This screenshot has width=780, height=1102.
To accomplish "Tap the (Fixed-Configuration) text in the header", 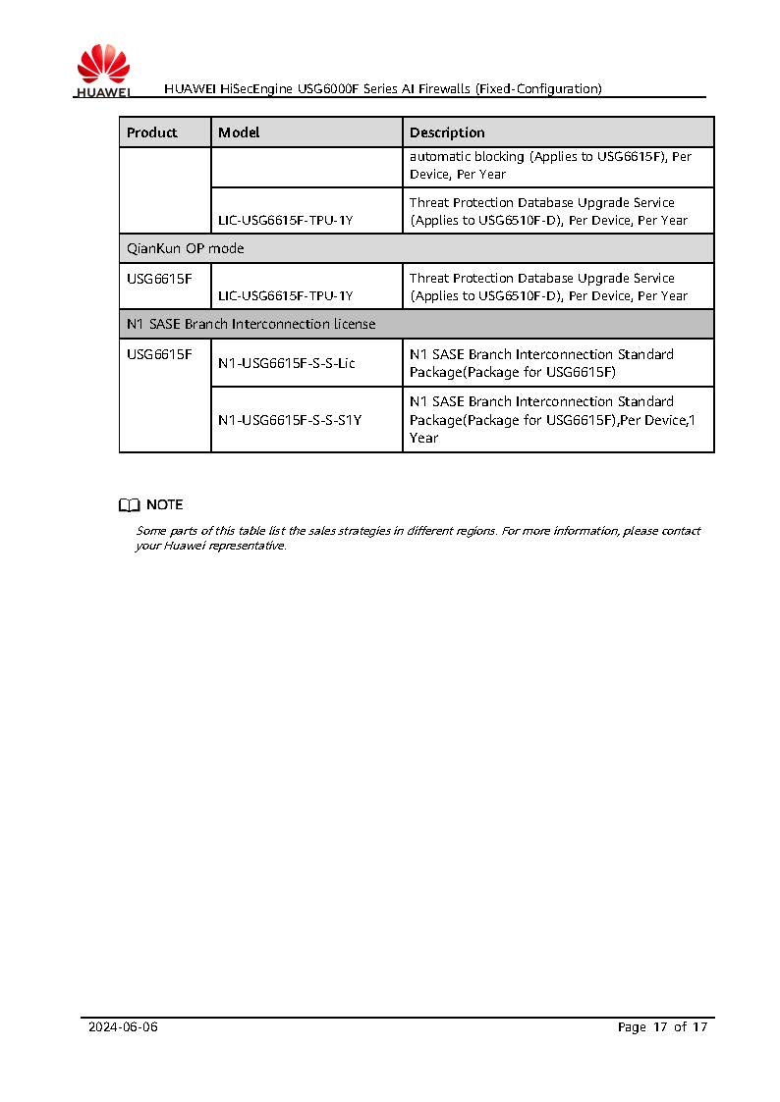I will [x=538, y=89].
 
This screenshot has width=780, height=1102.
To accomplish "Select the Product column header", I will [x=152, y=132].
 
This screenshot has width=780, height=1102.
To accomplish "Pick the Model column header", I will [x=239, y=132].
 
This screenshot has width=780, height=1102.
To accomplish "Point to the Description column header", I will [x=447, y=132].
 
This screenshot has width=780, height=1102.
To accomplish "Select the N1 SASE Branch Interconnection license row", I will [x=251, y=324].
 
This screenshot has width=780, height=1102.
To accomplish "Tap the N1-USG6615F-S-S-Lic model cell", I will [x=287, y=363].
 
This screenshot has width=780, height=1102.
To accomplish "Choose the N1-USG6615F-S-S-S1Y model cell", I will [x=290, y=420].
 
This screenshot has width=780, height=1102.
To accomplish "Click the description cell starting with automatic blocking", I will [x=556, y=165].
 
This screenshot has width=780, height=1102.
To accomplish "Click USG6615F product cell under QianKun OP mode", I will [x=159, y=279].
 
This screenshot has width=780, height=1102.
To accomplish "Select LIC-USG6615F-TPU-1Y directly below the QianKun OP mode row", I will [x=285, y=295].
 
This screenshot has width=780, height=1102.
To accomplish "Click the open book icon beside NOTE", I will [x=129, y=505].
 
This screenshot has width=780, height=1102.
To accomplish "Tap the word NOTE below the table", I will [x=164, y=505].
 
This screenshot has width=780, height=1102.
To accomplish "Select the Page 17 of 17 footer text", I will [x=662, y=1027].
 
